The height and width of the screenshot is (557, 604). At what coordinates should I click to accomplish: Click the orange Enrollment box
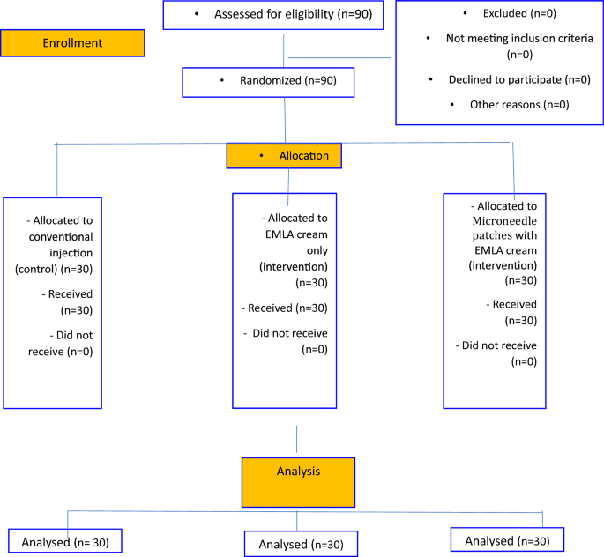pyautogui.click(x=72, y=43)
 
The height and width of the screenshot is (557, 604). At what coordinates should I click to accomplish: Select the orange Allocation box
pyautogui.click(x=283, y=155)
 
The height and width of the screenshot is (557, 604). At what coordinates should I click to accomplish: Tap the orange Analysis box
pyautogui.click(x=298, y=481)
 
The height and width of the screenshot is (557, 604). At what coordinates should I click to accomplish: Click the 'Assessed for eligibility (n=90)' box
pyautogui.click(x=274, y=15)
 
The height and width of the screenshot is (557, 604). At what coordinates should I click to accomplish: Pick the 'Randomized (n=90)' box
pyautogui.click(x=269, y=82)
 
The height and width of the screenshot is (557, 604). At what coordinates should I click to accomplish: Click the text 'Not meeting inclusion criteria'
pyautogui.click(x=502, y=40)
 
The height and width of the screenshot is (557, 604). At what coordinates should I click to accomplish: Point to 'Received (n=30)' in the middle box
pyautogui.click(x=284, y=308)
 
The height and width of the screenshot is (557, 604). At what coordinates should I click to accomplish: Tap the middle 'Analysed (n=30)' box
pyautogui.click(x=300, y=544)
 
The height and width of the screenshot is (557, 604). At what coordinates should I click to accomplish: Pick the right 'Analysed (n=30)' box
pyautogui.click(x=506, y=539)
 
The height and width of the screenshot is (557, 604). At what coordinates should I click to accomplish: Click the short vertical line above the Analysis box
pyautogui.click(x=297, y=440)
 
